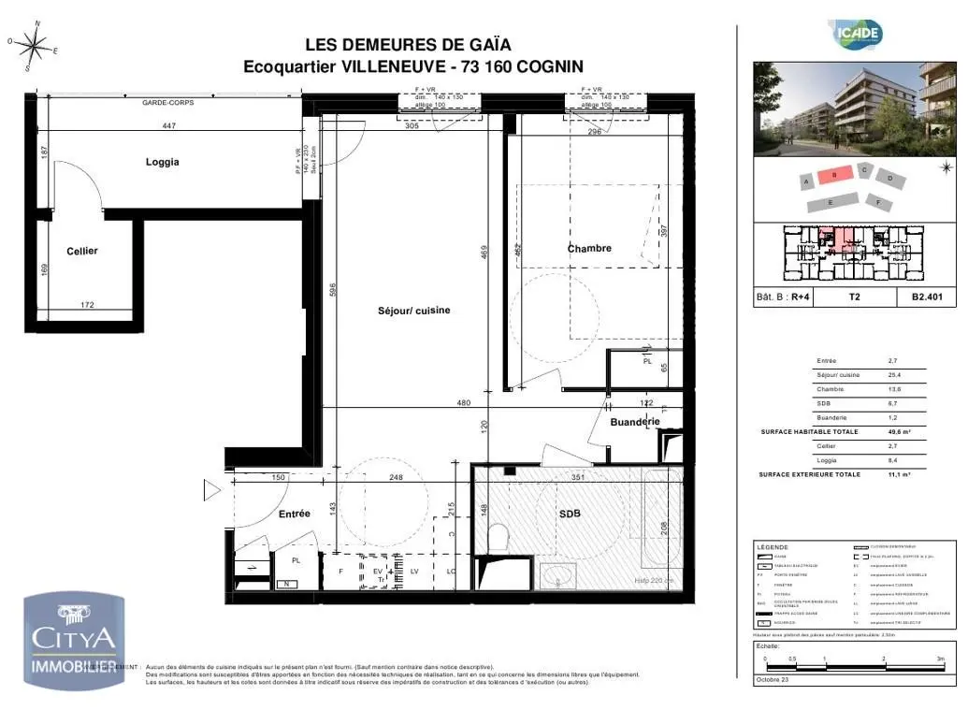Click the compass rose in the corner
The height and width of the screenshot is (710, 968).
pyautogui.click(x=34, y=45)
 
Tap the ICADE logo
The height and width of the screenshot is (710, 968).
pyautogui.click(x=858, y=35)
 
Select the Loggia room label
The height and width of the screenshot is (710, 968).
pyautogui.click(x=162, y=162)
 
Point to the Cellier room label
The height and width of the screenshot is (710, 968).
pyautogui.click(x=82, y=251)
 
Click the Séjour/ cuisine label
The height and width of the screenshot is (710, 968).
pyautogui.click(x=407, y=311)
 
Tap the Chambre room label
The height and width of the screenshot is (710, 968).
pyautogui.click(x=589, y=248)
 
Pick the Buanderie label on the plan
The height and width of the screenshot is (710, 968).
pyautogui.click(x=635, y=422)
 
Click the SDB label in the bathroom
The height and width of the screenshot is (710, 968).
pyautogui.click(x=570, y=514)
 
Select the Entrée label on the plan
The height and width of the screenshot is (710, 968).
pyautogui.click(x=294, y=514)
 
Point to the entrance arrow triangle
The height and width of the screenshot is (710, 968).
pyautogui.click(x=211, y=489)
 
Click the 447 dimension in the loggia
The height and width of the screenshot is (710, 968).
pyautogui.click(x=169, y=125)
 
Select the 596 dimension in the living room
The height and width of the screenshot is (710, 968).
pyautogui.click(x=333, y=290)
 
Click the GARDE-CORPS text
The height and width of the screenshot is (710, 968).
pyautogui.click(x=167, y=102)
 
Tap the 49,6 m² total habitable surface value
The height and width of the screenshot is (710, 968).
pyautogui.click(x=899, y=432)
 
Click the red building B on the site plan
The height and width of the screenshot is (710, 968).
pyautogui.click(x=833, y=174)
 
